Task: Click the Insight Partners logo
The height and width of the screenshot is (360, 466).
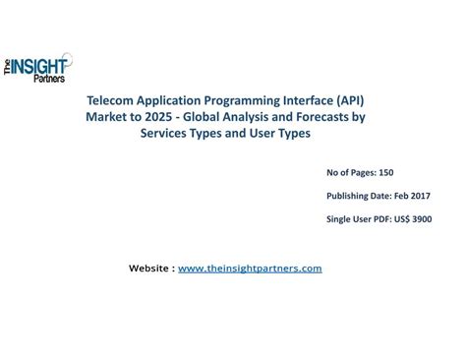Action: point(38,66)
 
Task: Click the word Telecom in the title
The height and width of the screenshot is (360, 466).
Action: point(111,101)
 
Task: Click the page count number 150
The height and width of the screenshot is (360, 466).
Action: point(386,172)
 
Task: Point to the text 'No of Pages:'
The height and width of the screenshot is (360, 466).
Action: point(350,172)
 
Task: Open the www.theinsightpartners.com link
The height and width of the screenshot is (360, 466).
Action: point(250,268)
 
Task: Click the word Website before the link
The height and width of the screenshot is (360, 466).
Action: point(149,268)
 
